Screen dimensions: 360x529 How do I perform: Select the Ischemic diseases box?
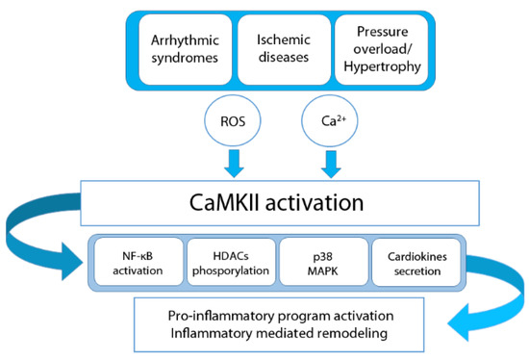click(x=283, y=50)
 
